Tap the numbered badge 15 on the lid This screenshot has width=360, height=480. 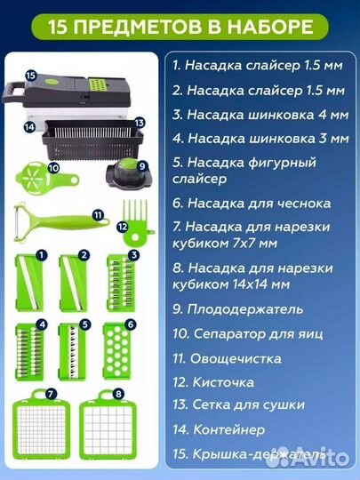tap(28, 76)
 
